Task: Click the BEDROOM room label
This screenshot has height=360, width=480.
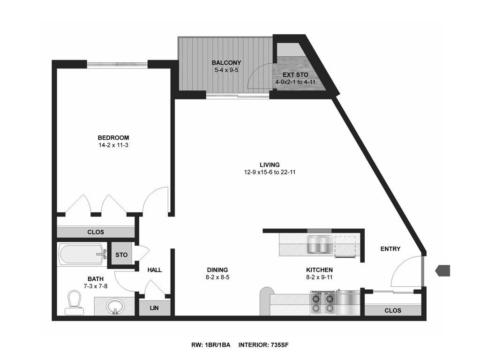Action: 113,138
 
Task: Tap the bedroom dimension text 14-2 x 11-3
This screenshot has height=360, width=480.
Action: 113,145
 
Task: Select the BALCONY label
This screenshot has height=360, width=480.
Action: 226,63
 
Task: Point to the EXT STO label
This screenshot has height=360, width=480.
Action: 295,75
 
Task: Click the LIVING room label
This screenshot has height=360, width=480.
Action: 270,165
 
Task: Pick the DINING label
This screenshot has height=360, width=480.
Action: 217,270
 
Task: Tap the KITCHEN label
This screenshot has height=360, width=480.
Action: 319,270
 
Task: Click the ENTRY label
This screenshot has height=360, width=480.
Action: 390,249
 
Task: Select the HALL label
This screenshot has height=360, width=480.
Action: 155,270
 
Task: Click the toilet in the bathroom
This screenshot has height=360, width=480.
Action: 75,303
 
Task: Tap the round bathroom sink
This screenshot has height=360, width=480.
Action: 115,306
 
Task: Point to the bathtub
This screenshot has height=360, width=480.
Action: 82,255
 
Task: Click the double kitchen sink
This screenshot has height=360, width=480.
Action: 320,245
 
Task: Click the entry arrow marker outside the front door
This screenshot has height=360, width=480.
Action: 442,270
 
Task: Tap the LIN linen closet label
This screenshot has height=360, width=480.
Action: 154,308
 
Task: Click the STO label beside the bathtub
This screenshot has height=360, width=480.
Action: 121,255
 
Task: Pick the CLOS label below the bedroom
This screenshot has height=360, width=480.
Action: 96,232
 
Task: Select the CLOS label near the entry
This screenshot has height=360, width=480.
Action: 393,310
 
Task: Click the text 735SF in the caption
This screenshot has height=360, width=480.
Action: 279,345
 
